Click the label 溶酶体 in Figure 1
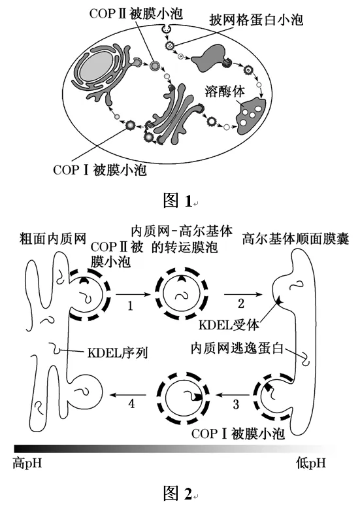[x=225, y=92]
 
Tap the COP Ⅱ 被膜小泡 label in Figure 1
[x=136, y=14]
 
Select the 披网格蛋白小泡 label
[x=256, y=20]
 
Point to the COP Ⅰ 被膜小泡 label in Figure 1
[x=100, y=170]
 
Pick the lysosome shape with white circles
[x=251, y=116]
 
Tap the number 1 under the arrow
[x=130, y=306]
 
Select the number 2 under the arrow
[x=240, y=303]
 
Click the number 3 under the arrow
[x=236, y=404]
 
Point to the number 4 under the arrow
[x=131, y=403]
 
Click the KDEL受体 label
[x=229, y=325]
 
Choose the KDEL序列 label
[x=118, y=353]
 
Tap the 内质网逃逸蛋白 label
[x=237, y=348]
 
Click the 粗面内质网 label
[x=53, y=239]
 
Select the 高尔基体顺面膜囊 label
[x=295, y=239]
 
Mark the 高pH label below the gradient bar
[x=27, y=463]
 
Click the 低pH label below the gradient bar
[x=310, y=463]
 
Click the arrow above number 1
[x=133, y=294]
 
